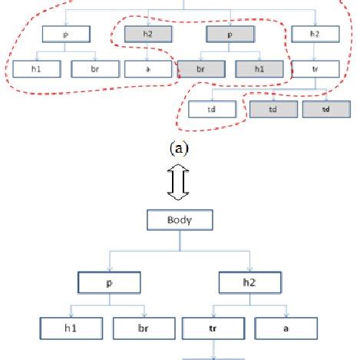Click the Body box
179,222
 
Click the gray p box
230,34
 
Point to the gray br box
201,68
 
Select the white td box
211,110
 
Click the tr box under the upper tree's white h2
315,68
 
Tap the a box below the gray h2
147,68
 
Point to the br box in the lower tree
143,328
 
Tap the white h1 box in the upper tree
36,68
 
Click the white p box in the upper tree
67,34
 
